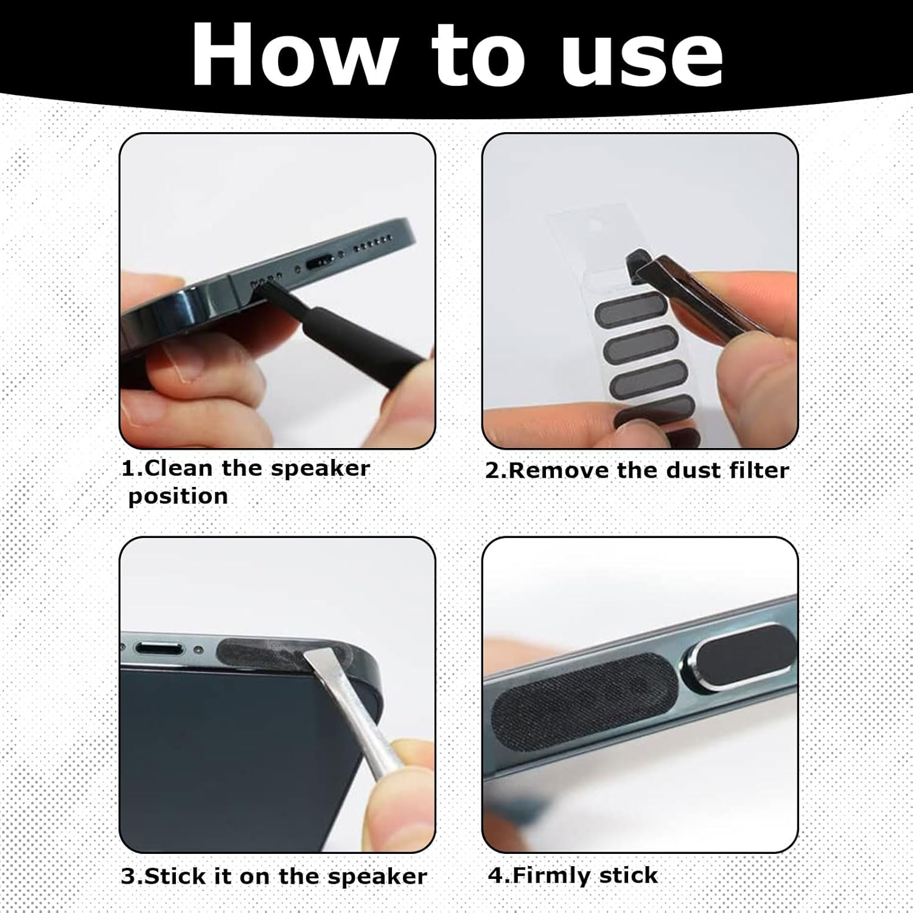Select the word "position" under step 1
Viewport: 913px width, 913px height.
(x=178, y=497)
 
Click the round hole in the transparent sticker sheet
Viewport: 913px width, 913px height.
(x=594, y=226)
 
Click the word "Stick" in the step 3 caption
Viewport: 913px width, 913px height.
(x=174, y=876)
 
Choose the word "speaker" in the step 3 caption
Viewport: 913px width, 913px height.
(x=377, y=877)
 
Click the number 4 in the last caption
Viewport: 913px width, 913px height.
(x=496, y=875)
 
